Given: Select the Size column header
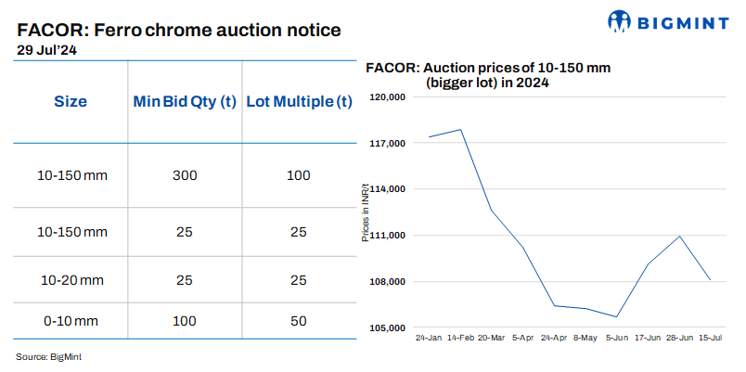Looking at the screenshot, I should coord(70,102).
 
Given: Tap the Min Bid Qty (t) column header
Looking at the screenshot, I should coord(184,102).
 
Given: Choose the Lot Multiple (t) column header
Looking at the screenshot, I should coord(298,102).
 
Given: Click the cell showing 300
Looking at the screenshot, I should coord(184,175).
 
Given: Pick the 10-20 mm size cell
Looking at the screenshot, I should coord(70,278).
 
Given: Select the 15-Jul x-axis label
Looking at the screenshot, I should coord(710,340).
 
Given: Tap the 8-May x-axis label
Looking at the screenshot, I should coord(584,340).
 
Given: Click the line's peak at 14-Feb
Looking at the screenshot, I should coord(461,130).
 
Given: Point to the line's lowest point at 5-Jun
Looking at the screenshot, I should coord(617,316).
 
